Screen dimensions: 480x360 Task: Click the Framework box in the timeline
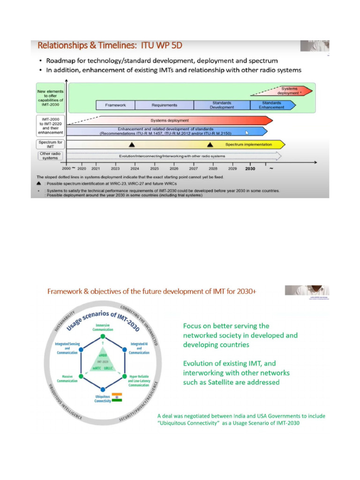(115, 105)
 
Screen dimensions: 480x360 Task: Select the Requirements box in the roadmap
(165, 105)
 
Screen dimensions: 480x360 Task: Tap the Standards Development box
(222, 105)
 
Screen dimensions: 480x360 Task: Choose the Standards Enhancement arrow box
(272, 105)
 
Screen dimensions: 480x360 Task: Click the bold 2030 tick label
(250, 168)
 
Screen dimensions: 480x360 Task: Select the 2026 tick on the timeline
(174, 168)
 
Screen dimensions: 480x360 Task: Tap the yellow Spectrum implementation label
(248, 144)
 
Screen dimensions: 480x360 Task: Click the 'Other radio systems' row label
(51, 156)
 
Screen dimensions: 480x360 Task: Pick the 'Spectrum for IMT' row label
(51, 144)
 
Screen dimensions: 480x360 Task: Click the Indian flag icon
(117, 397)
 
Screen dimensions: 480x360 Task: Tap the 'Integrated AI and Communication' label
(139, 348)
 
